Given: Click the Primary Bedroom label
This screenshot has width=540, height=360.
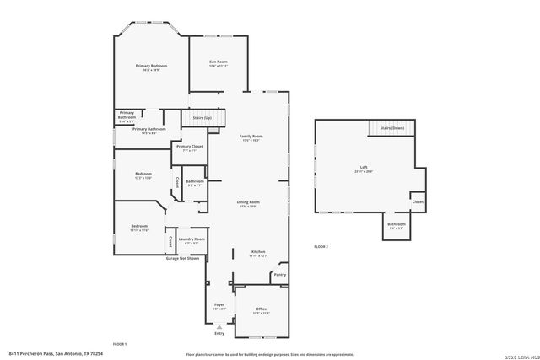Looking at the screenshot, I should click(x=152, y=66).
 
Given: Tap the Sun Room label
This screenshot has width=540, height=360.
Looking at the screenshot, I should click(x=219, y=62).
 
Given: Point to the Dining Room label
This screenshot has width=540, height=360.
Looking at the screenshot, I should click(x=247, y=202).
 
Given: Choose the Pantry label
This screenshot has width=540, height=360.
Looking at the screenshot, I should click(x=280, y=274).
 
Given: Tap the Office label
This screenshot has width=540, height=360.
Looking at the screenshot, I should click(x=261, y=309).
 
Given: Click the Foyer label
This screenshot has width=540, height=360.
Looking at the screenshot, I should click(x=219, y=304).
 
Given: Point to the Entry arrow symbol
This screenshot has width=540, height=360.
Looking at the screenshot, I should click(x=219, y=325).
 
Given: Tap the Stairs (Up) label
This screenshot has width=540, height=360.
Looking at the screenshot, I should click(x=202, y=118).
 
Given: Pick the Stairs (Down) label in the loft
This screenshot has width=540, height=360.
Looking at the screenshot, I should click(x=391, y=127).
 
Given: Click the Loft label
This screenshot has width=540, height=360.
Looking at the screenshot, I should click(x=363, y=168).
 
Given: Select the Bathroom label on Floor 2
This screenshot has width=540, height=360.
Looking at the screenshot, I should click(x=397, y=224).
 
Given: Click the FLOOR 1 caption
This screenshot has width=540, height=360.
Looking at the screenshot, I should click(x=119, y=343).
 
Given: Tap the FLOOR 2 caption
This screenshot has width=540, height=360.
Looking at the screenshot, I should click(x=321, y=246).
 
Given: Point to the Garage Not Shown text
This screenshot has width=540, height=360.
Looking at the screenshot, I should click(x=182, y=258).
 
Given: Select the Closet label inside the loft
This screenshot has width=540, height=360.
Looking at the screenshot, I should click(x=418, y=202).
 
